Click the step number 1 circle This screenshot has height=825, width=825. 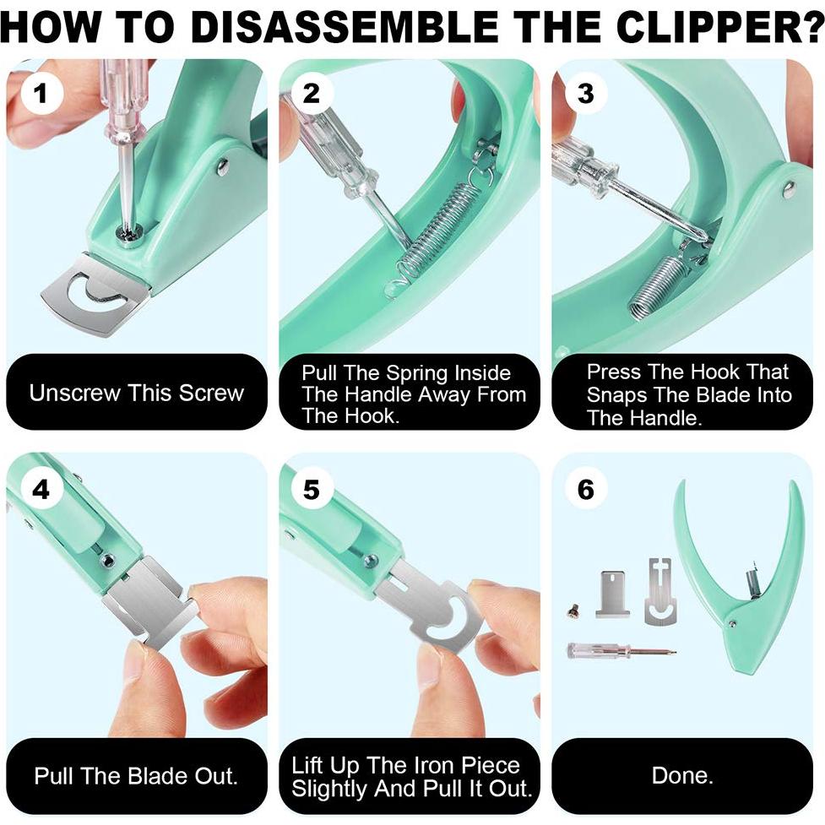point(41,94)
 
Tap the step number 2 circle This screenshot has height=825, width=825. point(312,94)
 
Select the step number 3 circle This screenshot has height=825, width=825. point(585,94)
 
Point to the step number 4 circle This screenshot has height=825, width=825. point(41,489)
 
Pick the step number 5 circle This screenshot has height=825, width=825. point(312,489)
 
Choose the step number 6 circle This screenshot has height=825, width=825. point(585,489)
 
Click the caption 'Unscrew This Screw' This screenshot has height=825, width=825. point(137,393)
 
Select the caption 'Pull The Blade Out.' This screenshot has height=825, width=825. point(136,776)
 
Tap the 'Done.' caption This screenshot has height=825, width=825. point(682,775)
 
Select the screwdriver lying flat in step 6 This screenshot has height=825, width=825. point(621,651)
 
